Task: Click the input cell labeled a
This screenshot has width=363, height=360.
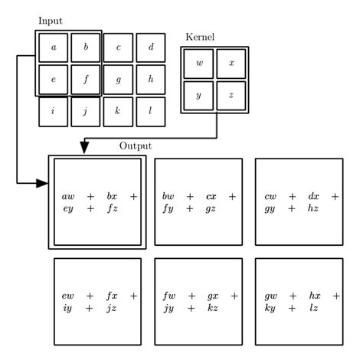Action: (x=53, y=47)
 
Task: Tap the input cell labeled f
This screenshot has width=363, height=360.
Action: (x=86, y=79)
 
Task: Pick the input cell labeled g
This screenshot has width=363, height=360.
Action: (x=118, y=79)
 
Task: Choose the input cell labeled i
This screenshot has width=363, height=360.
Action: (x=53, y=111)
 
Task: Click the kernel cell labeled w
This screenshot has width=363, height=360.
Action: (x=198, y=63)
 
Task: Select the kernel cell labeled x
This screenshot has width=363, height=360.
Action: (x=231, y=63)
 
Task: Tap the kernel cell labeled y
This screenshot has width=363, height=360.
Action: (x=198, y=95)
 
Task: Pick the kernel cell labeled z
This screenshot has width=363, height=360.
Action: (x=231, y=95)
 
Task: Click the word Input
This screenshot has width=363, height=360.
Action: (x=51, y=21)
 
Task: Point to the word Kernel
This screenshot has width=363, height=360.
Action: (x=201, y=37)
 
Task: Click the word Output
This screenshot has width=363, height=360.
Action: (x=136, y=146)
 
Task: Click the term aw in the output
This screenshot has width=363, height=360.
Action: (x=68, y=197)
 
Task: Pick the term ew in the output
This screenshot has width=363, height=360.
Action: (x=68, y=296)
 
